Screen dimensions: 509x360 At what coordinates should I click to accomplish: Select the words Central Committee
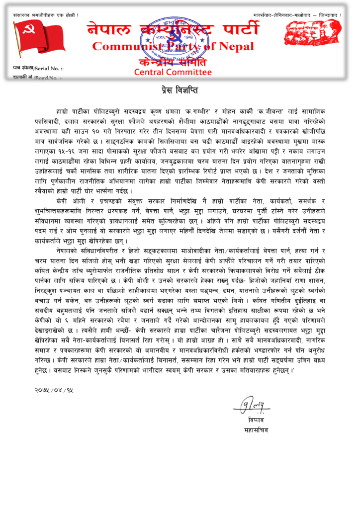173,72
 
